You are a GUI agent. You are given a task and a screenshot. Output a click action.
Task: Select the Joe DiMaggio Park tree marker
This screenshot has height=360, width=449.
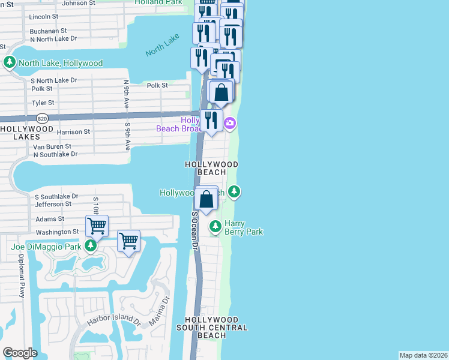[x=91, y=245]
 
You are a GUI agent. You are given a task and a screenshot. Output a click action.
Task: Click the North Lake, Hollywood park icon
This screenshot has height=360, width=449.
[x=10, y=62]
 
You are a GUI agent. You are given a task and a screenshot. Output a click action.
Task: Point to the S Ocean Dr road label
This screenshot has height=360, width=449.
[x=194, y=230]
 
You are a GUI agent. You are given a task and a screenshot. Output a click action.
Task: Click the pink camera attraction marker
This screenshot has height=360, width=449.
[x=229, y=124]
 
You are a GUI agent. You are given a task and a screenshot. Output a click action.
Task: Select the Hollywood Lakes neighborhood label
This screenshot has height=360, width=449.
[x=27, y=133]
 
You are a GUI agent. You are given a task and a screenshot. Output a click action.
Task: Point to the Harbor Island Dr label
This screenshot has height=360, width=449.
[x=113, y=321]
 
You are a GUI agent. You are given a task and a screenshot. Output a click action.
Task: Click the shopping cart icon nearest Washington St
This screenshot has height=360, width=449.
[x=97, y=225]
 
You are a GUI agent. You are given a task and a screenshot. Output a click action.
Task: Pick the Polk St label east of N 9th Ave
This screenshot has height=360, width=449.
[x=157, y=86]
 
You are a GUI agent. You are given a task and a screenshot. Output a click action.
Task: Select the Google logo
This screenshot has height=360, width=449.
[x=20, y=352]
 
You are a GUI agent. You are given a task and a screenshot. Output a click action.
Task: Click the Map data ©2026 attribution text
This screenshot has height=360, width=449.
[x=423, y=355]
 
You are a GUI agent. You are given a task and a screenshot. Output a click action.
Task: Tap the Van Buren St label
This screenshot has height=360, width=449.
[x=52, y=146]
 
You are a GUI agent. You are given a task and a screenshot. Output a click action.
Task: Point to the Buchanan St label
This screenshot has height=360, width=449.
[x=48, y=30]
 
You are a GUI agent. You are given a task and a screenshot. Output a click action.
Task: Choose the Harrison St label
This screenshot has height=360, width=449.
[x=73, y=131]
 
